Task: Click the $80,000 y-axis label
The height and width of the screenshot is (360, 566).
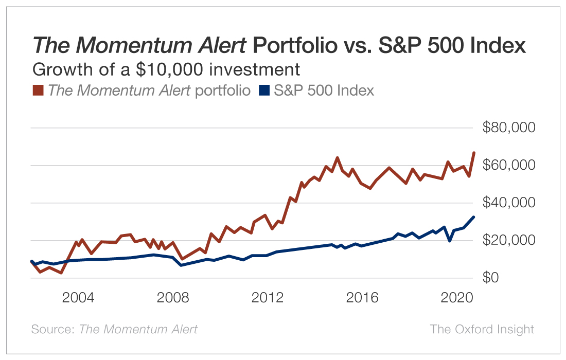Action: click(509, 128)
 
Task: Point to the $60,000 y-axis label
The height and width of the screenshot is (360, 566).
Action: click(509, 166)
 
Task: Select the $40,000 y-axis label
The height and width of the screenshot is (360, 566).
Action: click(509, 203)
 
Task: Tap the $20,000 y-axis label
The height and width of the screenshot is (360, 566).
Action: click(509, 241)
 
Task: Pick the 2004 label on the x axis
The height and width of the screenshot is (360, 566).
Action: click(78, 298)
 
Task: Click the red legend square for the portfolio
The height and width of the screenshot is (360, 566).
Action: click(38, 91)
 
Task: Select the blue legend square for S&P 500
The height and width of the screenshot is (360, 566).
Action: click(264, 91)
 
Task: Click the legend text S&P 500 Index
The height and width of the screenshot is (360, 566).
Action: click(324, 91)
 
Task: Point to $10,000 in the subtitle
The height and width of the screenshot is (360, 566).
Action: click(162, 69)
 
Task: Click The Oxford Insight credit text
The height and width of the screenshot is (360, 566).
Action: click(482, 329)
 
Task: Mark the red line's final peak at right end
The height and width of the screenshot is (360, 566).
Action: click(474, 152)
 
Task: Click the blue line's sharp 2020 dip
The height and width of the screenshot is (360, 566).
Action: click(450, 240)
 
